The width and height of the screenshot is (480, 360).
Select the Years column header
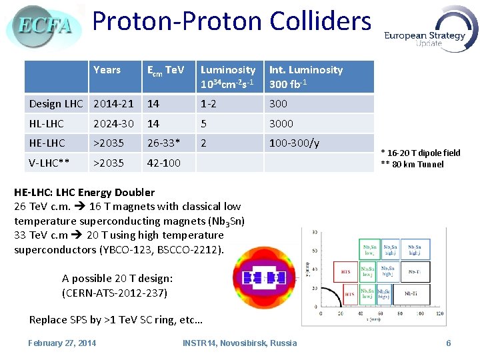pyautogui.click(x=107, y=70)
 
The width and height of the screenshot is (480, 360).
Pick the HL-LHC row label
pyautogui.click(x=47, y=123)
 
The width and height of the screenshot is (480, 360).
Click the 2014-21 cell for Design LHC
pyautogui.click(x=113, y=103)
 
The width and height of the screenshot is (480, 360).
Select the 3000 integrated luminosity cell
pyautogui.click(x=281, y=123)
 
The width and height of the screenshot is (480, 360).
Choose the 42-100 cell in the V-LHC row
pyautogui.click(x=163, y=163)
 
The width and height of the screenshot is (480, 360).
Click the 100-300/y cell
pyautogui.click(x=294, y=143)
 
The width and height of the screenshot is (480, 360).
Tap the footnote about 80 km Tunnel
pyautogui.click(x=412, y=165)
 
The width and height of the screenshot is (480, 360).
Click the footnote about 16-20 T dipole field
pyautogui.click(x=420, y=153)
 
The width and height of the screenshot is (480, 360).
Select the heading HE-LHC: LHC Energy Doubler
pyautogui.click(x=84, y=192)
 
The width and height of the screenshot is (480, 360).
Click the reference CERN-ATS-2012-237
pyautogui.click(x=115, y=293)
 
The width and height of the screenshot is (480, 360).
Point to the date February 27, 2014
pyautogui.click(x=62, y=343)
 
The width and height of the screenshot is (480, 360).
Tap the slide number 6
pyautogui.click(x=449, y=343)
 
